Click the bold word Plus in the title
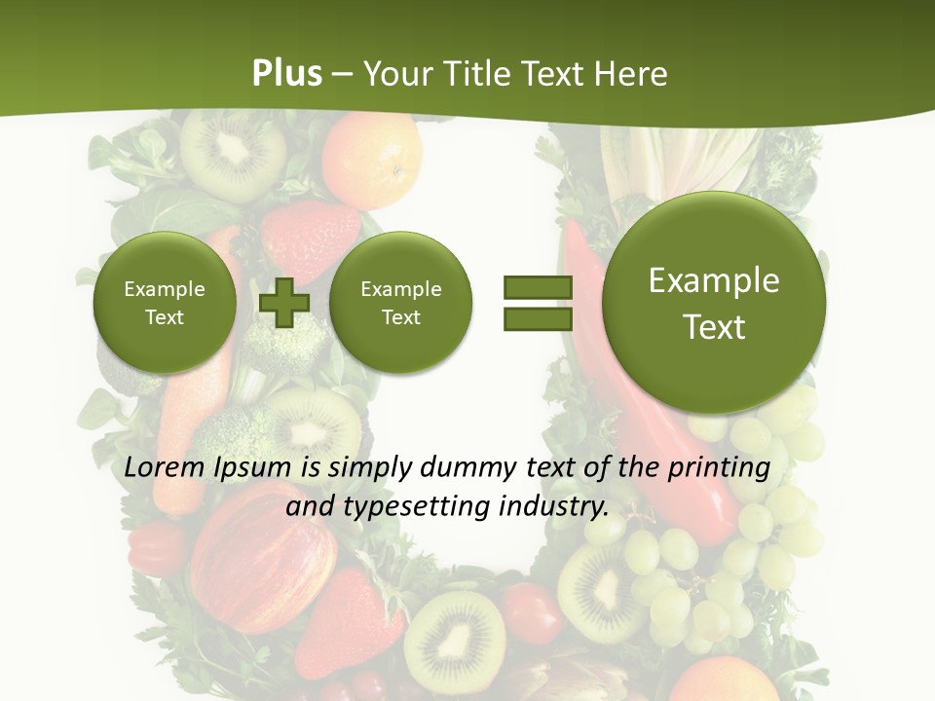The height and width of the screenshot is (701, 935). pyautogui.click(x=286, y=74)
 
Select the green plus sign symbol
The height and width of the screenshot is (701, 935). pyautogui.click(x=283, y=303)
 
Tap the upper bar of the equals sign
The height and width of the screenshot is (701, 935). pyautogui.click(x=538, y=287)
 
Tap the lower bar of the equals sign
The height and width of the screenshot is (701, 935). pyautogui.click(x=538, y=319)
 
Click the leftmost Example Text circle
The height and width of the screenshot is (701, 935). pyautogui.click(x=165, y=303)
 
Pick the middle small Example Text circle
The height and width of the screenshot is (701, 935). pyautogui.click(x=400, y=303)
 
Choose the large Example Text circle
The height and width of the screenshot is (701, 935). pyautogui.click(x=714, y=303)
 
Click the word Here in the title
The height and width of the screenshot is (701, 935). pyautogui.click(x=633, y=74)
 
